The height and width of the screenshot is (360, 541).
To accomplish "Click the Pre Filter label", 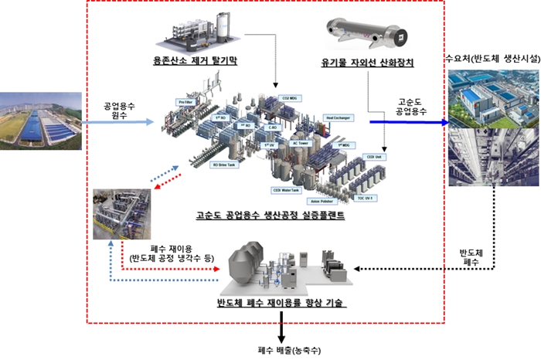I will pyautogui.click(x=185, y=101).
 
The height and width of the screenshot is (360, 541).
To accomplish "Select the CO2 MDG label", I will pyautogui.click(x=290, y=100).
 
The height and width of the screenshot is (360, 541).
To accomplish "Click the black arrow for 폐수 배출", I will pyautogui.click(x=281, y=331).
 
